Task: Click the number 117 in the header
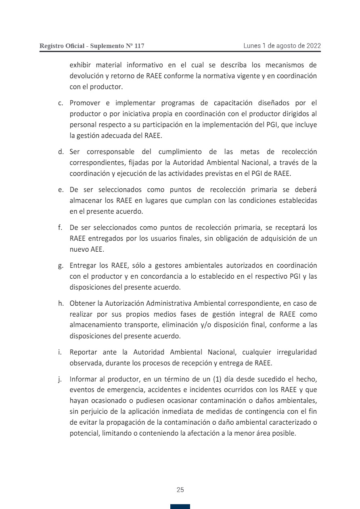pyautogui.click(x=139, y=46)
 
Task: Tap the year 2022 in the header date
pyautogui.click(x=313, y=46)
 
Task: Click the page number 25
pyautogui.click(x=180, y=490)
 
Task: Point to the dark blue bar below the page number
pyautogui.click(x=180, y=507)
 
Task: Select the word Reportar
pyautogui.click(x=84, y=353)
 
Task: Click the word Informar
pyautogui.click(x=84, y=380)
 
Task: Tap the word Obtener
pyautogui.click(x=82, y=303)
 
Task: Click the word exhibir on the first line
pyautogui.click(x=80, y=65)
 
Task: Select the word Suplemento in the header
pyautogui.click(x=107, y=46)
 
